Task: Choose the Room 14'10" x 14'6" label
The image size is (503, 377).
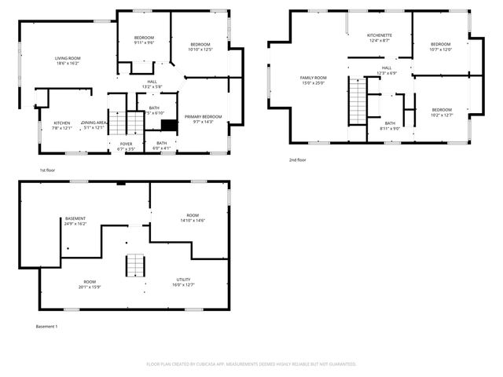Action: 193,218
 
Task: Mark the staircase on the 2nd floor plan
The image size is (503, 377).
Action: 358,100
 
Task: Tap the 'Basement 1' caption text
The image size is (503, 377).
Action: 46,326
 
